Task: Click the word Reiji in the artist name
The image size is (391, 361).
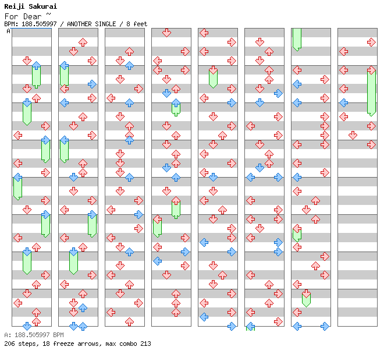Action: (x=15, y=6)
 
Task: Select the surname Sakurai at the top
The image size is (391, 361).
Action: (x=43, y=6)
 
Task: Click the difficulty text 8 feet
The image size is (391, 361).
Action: (x=135, y=24)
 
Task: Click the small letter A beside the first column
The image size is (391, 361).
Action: (x=8, y=31)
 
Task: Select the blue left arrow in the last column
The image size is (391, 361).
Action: (x=343, y=102)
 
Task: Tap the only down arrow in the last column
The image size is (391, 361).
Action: (x=353, y=135)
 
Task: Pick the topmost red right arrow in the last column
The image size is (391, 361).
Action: (x=371, y=42)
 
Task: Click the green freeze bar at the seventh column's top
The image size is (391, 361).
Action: (x=297, y=38)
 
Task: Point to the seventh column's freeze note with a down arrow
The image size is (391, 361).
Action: (x=306, y=298)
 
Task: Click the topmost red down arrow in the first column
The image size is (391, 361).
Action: (x=27, y=61)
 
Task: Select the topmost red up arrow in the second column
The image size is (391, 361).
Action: (x=83, y=42)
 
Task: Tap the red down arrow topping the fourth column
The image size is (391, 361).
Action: (x=166, y=33)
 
